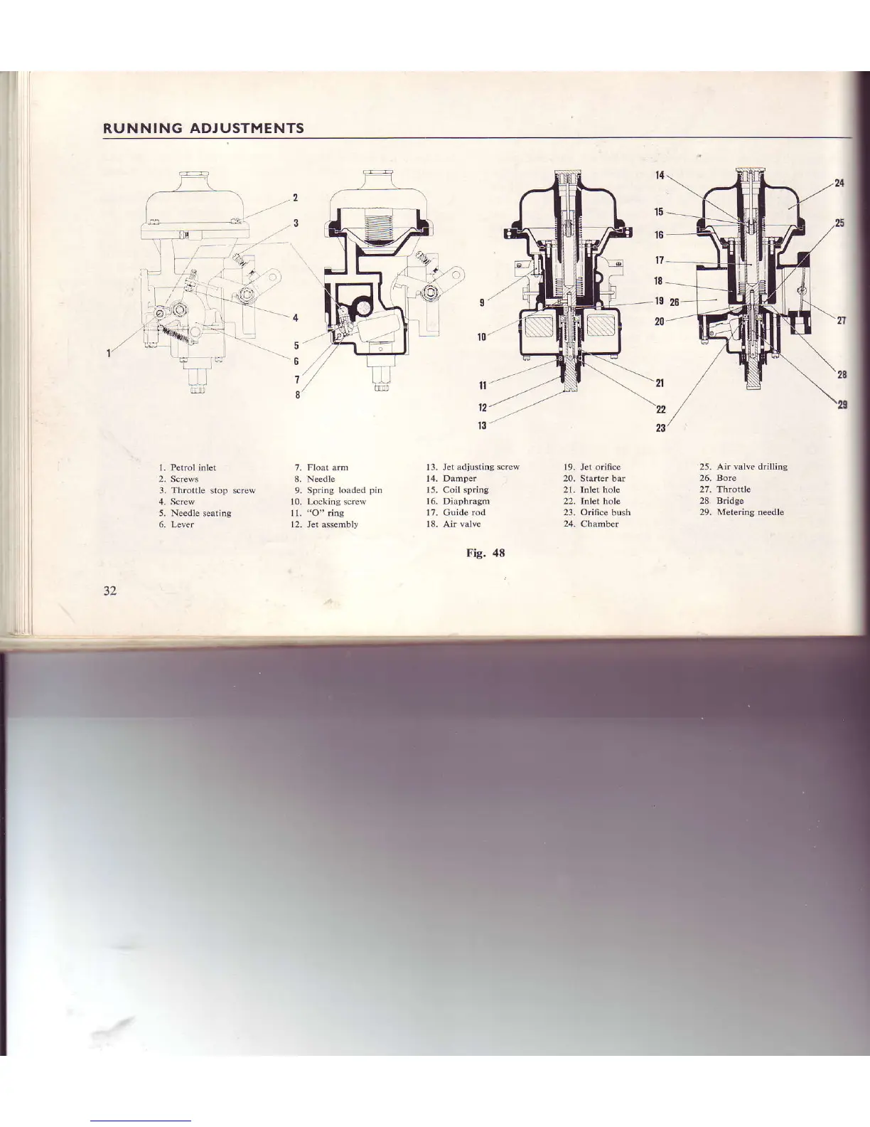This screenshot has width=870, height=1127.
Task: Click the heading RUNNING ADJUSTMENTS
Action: point(203,129)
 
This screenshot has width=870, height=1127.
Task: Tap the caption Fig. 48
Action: point(485,553)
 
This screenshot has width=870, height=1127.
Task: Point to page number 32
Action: point(110,591)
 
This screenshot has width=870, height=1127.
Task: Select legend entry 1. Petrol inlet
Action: point(188,467)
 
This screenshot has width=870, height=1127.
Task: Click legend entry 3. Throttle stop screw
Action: point(207,490)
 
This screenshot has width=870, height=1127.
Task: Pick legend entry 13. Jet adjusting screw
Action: point(473,467)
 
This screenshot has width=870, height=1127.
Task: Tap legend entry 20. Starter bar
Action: point(594,478)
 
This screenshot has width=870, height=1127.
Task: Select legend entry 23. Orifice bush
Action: point(597,512)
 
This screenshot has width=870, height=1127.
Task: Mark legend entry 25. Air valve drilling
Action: point(743,467)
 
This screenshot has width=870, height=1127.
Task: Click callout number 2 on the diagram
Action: point(295,197)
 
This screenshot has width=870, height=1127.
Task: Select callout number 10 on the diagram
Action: point(481,337)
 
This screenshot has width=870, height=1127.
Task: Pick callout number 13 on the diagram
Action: point(481,425)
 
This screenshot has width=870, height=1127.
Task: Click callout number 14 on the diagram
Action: point(659,175)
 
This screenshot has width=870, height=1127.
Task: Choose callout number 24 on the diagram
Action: point(839,183)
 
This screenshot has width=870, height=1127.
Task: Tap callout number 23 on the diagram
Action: point(660,428)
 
